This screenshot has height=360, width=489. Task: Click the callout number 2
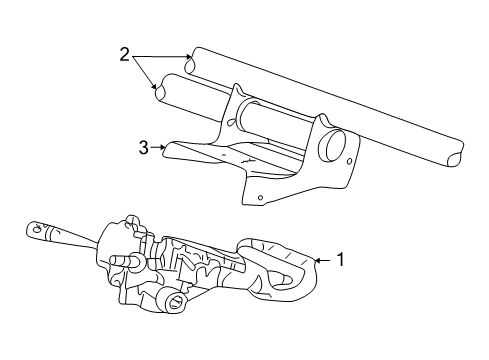124,55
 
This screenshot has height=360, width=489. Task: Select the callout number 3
144,147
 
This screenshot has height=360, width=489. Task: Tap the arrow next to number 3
160,148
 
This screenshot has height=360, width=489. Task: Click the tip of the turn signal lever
32,232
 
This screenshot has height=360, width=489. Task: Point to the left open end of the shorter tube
160,88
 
